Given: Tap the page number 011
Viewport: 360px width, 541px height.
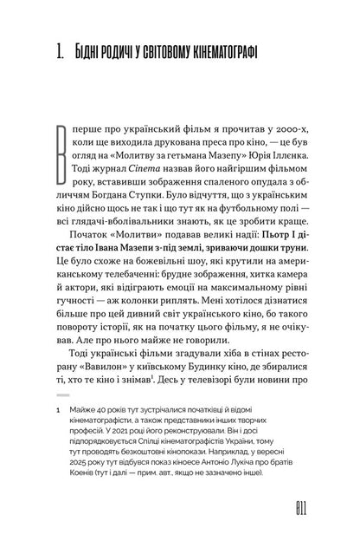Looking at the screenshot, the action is point(287,505).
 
